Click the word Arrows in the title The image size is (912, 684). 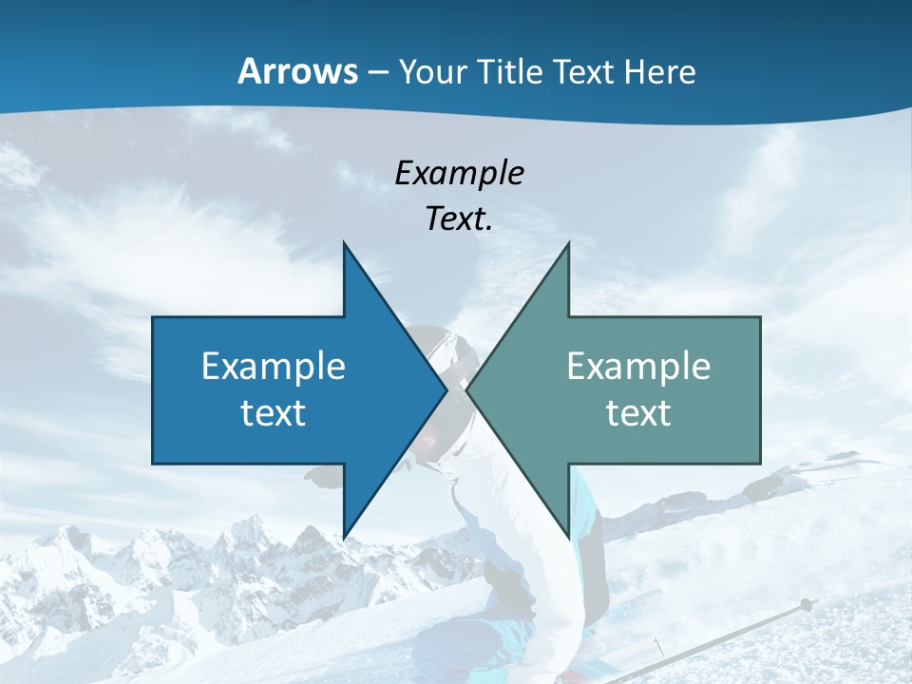298,71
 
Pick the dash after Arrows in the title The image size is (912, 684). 378,73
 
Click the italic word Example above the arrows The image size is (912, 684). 459,173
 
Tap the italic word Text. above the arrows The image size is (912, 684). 459,218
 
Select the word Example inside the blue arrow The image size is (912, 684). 274,367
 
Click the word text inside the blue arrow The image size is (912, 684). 274,412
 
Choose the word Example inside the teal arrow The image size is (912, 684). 638,367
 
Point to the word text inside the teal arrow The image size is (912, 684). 638,412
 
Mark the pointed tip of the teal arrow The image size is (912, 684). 468,389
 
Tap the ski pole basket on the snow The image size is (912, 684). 806,604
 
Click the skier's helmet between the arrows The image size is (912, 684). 446,351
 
